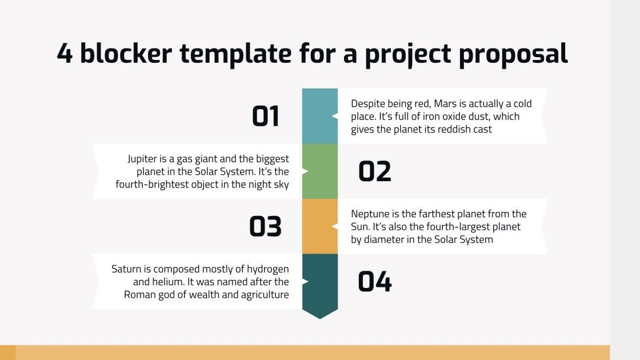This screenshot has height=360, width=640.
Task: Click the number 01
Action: click(x=266, y=117)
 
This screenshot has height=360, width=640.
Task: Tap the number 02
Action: click(x=375, y=171)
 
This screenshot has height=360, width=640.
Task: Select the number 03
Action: click(x=265, y=226)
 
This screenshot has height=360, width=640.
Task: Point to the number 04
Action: click(x=375, y=282)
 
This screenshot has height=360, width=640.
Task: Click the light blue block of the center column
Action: click(x=320, y=116)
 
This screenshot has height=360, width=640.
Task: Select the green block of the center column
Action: click(x=320, y=171)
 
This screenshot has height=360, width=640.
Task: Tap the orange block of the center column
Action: click(x=320, y=226)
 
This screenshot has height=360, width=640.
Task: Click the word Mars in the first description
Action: click(x=445, y=103)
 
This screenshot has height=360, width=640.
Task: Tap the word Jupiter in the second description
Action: click(x=141, y=159)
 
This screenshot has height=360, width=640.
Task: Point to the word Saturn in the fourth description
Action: click(x=126, y=269)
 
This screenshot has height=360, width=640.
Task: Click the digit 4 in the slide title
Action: click(x=65, y=54)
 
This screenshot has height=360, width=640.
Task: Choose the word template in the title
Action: click(x=235, y=54)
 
